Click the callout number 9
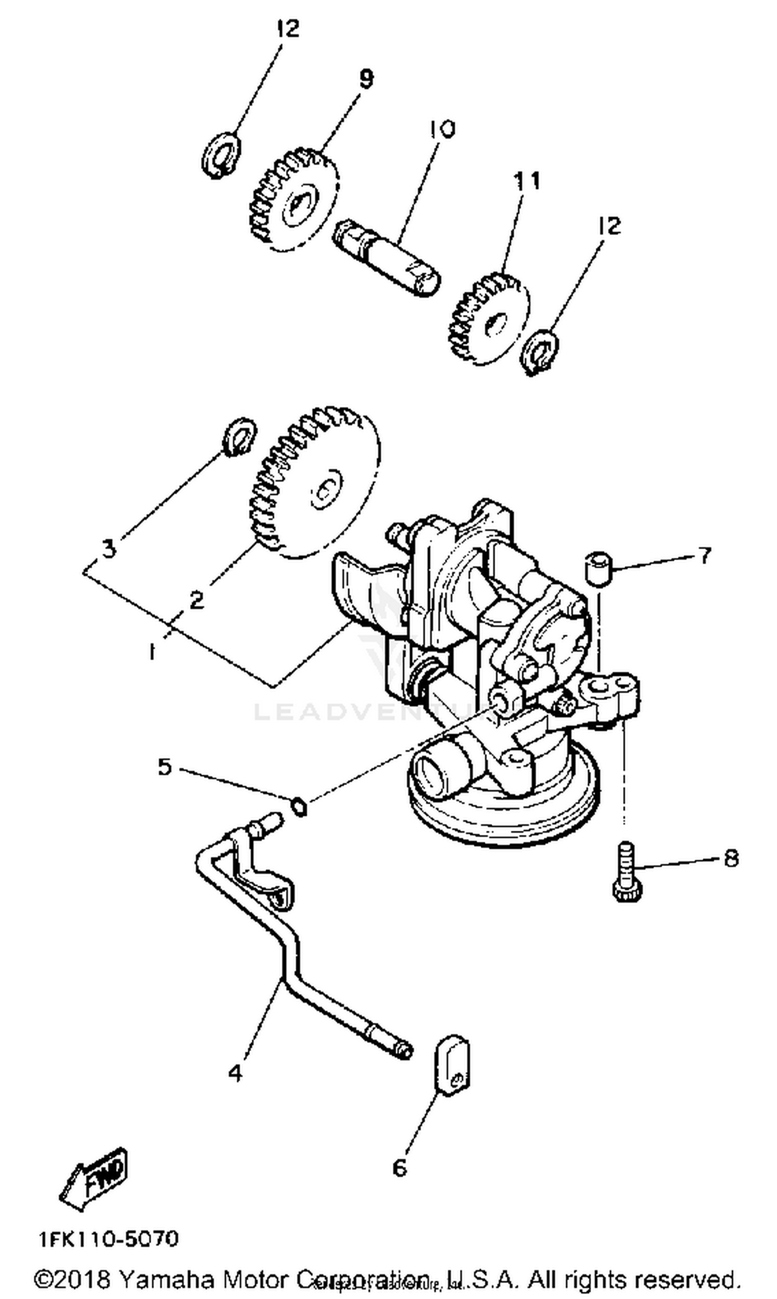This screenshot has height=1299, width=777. click(366, 80)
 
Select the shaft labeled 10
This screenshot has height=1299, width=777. click(386, 257)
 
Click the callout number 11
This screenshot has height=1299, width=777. click(526, 180)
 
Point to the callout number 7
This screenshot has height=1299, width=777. click(706, 555)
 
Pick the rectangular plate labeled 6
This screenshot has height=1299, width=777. click(453, 1065)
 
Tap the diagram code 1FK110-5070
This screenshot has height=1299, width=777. click(108, 1239)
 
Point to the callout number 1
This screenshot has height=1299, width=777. click(152, 652)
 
